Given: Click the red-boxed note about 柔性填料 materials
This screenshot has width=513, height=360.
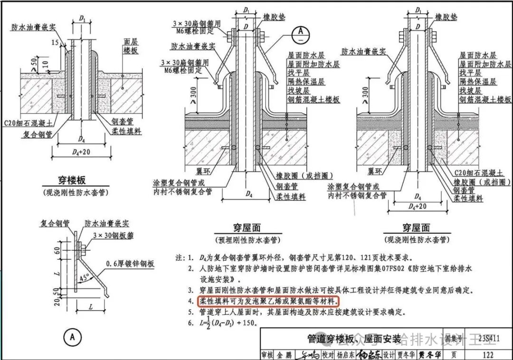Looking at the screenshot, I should [268, 301].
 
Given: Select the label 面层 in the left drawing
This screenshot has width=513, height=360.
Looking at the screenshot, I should [130, 41].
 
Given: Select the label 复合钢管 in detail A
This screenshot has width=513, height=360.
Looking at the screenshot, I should [54, 223].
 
